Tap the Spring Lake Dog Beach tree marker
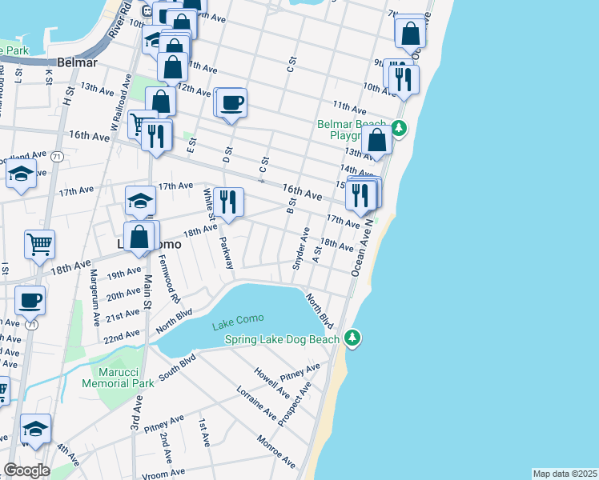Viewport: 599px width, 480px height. click(x=352, y=339)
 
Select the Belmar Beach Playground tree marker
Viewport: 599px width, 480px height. click(x=399, y=128)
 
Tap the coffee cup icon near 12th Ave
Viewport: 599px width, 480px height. click(x=231, y=103)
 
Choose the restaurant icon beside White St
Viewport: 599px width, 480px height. click(x=229, y=202)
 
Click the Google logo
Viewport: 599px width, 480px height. click(x=26, y=470)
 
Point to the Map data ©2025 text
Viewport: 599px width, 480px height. click(x=565, y=474)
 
